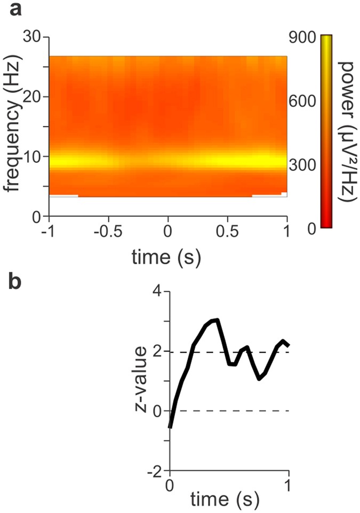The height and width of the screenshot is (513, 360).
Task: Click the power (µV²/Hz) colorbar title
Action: click(x=347, y=131)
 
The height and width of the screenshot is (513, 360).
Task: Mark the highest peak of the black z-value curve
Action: click(x=217, y=320)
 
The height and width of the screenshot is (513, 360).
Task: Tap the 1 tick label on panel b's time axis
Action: click(x=289, y=485)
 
